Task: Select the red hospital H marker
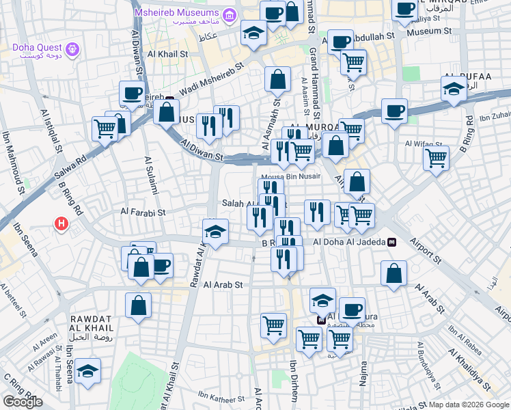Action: click(x=61, y=223)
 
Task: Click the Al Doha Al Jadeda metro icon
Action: click(x=392, y=242)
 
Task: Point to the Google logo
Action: click(x=23, y=402)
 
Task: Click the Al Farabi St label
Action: click(x=143, y=213)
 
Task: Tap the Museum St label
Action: click(x=430, y=31)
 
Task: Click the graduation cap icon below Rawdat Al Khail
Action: click(x=87, y=371)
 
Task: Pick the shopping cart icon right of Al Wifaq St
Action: click(x=436, y=159)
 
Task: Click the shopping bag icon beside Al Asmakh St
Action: click(x=278, y=79)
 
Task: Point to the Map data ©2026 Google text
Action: click(x=468, y=405)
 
